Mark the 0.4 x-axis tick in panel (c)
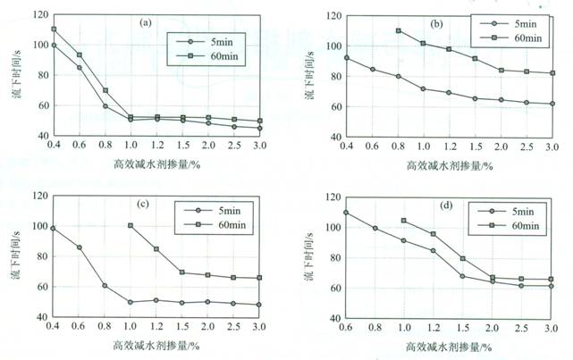(54, 329)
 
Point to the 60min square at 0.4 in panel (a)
(54, 29)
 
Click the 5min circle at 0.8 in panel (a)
(105, 106)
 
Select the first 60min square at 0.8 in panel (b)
(398, 31)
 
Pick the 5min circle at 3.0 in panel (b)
(552, 104)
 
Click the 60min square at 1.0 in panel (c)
(131, 225)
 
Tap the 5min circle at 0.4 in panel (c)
(54, 229)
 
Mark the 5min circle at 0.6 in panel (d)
(346, 213)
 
